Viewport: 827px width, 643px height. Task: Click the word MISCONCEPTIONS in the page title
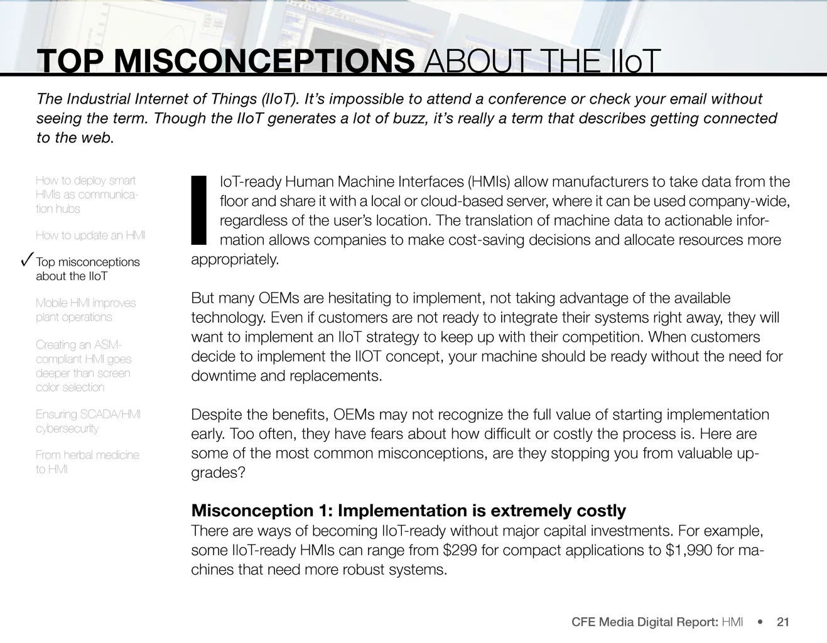point(264,62)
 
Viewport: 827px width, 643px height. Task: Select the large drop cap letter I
point(198,210)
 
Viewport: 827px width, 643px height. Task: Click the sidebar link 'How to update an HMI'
point(90,235)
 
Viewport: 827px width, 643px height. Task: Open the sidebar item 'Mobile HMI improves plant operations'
point(85,310)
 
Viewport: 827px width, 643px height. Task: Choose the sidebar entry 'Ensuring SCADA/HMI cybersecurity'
point(88,421)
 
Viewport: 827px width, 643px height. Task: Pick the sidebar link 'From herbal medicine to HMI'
point(87,462)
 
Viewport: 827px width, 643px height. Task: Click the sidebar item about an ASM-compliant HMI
point(84,365)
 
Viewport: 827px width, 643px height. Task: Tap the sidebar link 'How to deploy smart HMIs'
point(86,195)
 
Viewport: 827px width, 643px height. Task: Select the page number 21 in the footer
point(783,622)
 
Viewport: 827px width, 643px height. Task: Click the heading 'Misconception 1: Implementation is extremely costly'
point(408,511)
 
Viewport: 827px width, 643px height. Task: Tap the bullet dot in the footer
point(760,622)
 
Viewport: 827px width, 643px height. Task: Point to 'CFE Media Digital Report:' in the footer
point(645,622)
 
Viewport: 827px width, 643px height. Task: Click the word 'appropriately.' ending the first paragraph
point(235,260)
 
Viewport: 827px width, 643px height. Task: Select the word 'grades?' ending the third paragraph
point(218,473)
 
